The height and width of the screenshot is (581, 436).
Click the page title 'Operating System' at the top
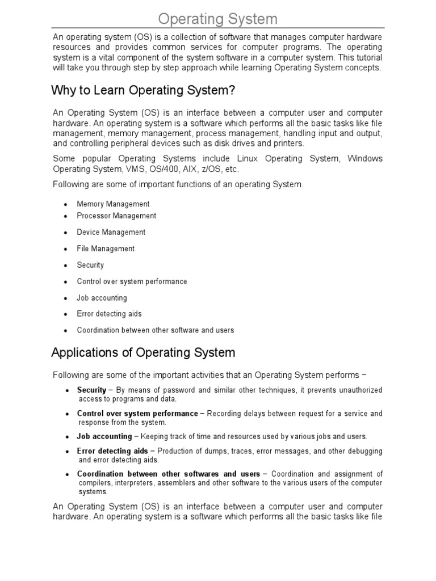218,19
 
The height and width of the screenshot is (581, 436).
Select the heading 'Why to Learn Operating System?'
143,90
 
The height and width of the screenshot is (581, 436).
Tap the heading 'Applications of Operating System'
143,352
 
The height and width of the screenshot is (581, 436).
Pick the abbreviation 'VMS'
149,169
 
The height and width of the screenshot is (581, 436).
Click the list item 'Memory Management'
113,204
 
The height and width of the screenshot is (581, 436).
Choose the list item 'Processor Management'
116,216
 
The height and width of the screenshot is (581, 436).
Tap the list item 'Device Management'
111,232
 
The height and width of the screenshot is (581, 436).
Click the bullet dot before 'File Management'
66,249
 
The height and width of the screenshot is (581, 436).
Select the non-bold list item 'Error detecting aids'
110,314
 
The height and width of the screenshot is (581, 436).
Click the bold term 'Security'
91,390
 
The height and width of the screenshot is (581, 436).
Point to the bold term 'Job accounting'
104,436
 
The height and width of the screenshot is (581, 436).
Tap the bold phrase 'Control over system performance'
137,414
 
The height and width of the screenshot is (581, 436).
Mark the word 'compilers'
96,483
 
